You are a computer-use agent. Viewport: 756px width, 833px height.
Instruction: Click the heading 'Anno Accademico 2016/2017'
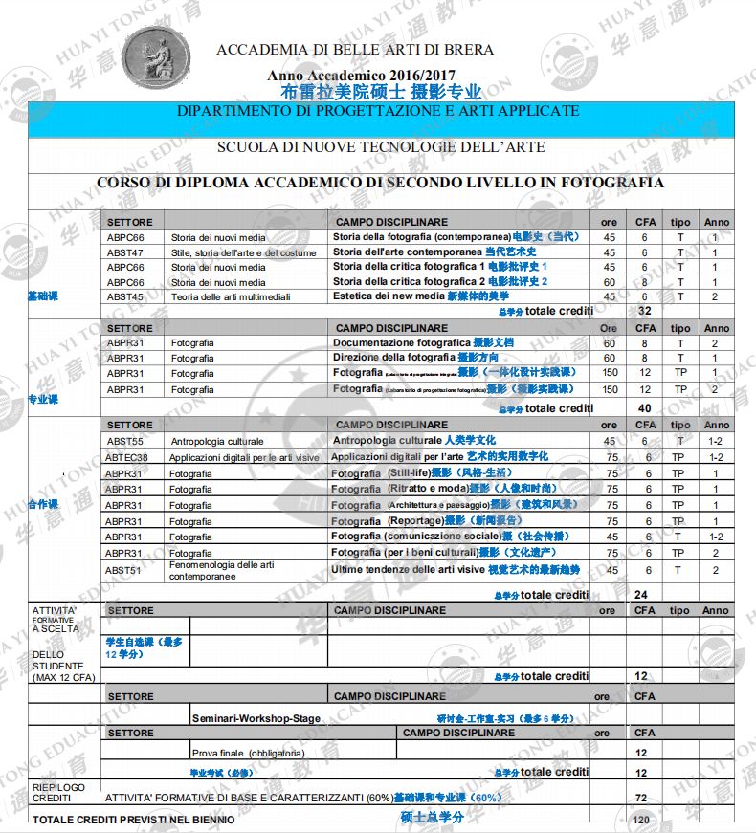tap(361, 76)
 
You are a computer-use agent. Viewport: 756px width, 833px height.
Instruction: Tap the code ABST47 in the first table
tap(125, 252)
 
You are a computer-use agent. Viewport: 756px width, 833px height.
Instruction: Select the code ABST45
tap(125, 297)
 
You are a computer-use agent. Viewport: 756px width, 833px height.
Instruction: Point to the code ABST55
tap(125, 442)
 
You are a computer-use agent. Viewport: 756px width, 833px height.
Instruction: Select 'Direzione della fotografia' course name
tap(394, 358)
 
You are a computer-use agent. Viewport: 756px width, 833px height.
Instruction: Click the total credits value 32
tap(643, 312)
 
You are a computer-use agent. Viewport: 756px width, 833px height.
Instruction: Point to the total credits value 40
tap(643, 408)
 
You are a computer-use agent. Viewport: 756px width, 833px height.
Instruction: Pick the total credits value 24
tap(641, 595)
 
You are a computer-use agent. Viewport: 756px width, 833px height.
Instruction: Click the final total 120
tap(641, 821)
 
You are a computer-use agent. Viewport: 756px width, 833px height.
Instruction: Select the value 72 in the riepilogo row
tap(641, 797)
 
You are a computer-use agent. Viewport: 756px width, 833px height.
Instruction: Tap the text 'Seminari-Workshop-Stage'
tap(256, 718)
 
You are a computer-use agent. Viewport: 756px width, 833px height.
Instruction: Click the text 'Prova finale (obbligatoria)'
tap(249, 753)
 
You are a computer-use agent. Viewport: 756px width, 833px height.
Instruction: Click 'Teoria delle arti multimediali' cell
tap(231, 297)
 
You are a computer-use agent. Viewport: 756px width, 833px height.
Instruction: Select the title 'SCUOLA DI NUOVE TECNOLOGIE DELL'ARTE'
tap(381, 147)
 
